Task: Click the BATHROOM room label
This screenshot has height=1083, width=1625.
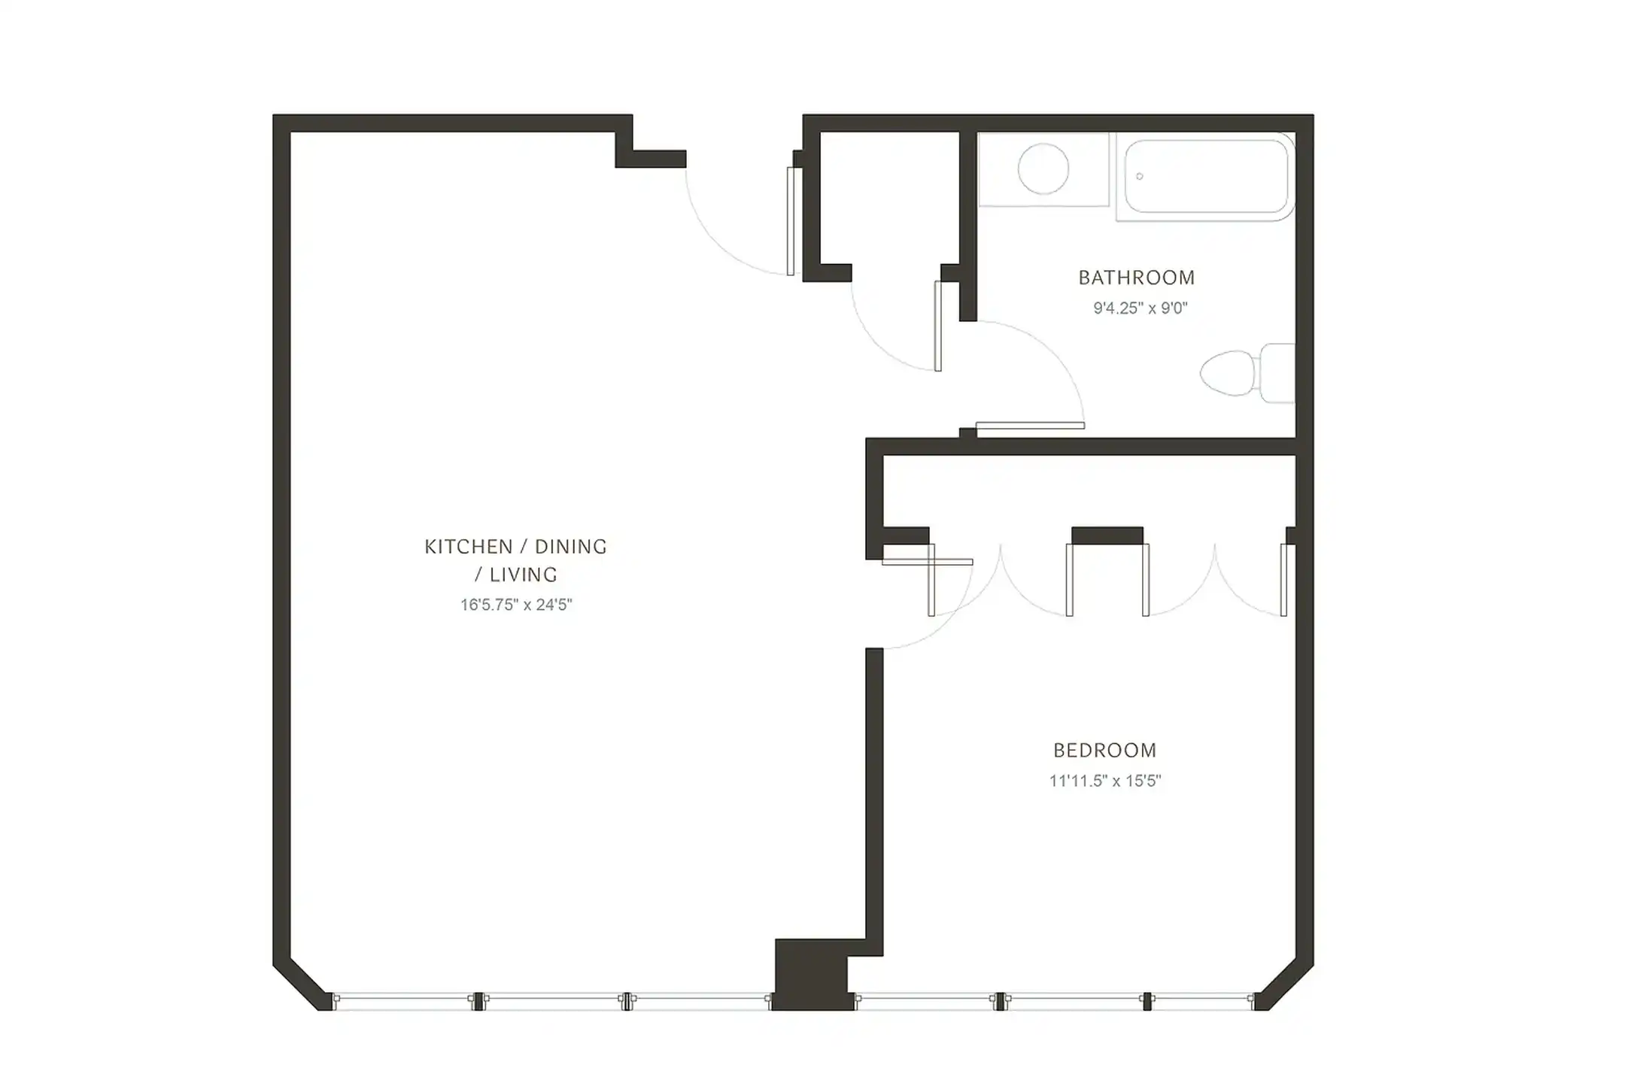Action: [1136, 278]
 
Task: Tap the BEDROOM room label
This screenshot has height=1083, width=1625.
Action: [1104, 751]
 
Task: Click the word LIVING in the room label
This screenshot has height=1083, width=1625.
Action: [524, 575]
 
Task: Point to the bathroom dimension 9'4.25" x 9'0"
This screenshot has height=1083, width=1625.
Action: [1140, 308]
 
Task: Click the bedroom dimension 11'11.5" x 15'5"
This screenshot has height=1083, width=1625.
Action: [1104, 781]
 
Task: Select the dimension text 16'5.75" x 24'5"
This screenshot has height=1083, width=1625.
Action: [516, 605]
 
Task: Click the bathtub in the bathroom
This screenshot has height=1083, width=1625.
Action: [1205, 176]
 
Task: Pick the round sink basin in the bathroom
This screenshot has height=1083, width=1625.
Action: [1043, 169]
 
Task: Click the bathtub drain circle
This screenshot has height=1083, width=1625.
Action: [1140, 176]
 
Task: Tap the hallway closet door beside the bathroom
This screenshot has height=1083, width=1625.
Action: [937, 326]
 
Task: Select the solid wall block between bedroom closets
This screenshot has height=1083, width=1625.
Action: [1107, 535]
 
